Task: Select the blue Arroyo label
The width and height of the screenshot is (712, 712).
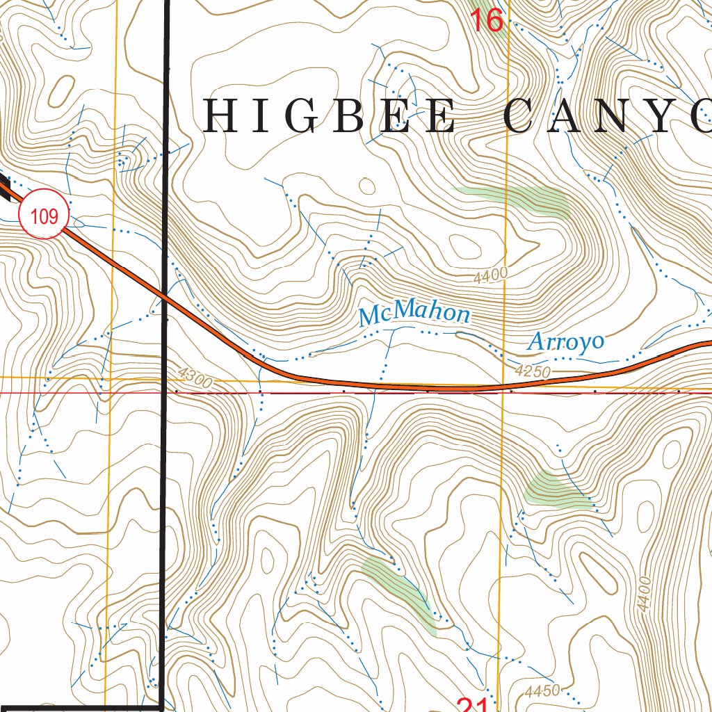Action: coord(565,341)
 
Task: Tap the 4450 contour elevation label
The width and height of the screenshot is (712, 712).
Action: coord(542,691)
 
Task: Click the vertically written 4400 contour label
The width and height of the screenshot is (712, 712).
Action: coord(643,594)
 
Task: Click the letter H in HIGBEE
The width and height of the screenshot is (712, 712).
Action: coord(220,116)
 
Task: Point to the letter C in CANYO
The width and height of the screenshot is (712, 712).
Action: coord(523,116)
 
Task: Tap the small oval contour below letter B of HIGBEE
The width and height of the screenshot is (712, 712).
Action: coord(367,186)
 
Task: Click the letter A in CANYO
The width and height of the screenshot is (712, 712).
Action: coord(583,116)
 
